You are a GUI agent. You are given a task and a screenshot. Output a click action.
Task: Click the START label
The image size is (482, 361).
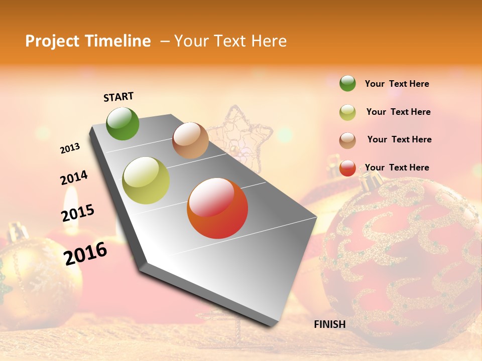pos(118,97)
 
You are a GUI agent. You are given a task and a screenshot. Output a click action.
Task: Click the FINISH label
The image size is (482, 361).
pos(330,324)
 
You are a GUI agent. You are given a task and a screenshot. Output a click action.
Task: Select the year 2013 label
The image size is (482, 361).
pos(70,148)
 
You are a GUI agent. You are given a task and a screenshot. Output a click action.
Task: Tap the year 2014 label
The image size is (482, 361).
pos(74,178)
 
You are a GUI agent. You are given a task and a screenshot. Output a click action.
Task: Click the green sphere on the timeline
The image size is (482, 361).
pos(123,124)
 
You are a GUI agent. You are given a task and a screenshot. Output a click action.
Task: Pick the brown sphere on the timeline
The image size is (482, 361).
pos(190,140)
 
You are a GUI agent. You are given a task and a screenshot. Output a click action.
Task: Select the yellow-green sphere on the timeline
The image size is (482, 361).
pos(146,180)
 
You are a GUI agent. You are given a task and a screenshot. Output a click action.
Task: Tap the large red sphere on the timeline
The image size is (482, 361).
pos(217,208)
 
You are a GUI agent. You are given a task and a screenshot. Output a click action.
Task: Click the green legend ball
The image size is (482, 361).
pos(347,83)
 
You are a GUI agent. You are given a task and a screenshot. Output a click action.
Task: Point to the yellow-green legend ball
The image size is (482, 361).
pos(347,112)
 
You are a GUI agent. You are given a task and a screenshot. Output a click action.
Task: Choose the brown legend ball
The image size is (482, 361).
pos(347,140)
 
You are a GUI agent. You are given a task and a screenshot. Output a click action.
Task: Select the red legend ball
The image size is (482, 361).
pos(347,168)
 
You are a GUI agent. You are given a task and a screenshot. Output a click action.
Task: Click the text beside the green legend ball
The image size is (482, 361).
pos(397,84)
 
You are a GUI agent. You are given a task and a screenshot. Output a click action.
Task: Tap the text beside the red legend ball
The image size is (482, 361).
pos(397,167)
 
